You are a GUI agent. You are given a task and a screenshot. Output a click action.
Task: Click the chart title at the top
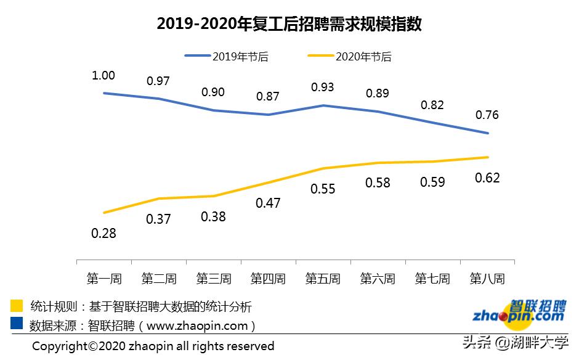[x=289, y=24]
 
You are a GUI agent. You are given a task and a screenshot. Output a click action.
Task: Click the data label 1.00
[x=103, y=75]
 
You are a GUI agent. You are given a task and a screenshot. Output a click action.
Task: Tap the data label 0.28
[x=103, y=234]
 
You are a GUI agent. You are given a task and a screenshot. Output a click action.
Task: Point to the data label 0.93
[x=322, y=88]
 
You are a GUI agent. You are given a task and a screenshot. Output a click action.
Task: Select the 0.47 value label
[x=268, y=203]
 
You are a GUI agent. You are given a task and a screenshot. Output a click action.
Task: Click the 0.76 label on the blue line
[x=487, y=115]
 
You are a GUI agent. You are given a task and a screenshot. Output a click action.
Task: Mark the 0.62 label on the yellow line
[x=487, y=178]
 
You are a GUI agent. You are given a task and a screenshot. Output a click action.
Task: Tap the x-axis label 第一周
[x=104, y=279]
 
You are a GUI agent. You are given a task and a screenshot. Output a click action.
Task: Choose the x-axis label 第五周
[x=323, y=279]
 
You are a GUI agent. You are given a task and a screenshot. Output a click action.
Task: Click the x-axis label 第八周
[x=487, y=279]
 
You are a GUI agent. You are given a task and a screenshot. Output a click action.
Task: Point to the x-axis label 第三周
[x=214, y=279]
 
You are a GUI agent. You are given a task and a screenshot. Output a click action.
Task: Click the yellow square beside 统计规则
[x=17, y=306]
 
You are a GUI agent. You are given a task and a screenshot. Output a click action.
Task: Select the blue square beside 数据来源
[x=17, y=324]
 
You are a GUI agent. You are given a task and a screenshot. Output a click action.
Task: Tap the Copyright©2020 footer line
[x=153, y=346]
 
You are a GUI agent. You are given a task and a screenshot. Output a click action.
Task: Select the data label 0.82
[x=432, y=105]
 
